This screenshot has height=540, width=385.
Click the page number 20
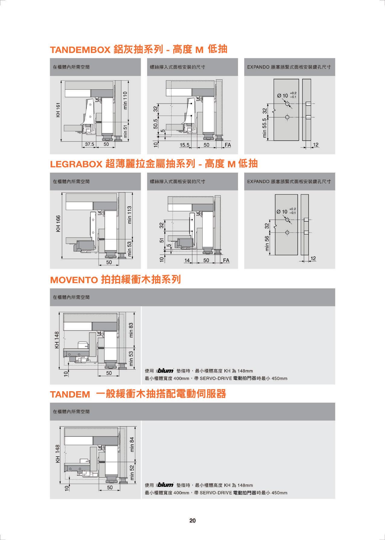click(x=192, y=520)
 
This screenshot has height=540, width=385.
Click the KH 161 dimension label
click(x=59, y=110)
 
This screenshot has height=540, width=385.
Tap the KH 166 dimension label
click(x=58, y=224)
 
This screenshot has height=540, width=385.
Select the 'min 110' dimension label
click(x=126, y=101)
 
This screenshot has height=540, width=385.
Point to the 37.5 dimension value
click(x=89, y=144)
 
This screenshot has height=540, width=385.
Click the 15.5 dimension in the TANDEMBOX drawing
click(x=184, y=145)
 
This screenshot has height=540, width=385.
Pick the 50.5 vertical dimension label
click(x=155, y=124)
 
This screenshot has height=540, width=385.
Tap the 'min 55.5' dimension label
click(x=265, y=128)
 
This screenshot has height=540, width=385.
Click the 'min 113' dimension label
click(x=130, y=215)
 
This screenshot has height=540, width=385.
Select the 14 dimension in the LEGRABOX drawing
click(x=187, y=260)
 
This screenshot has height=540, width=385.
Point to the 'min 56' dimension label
click(x=267, y=244)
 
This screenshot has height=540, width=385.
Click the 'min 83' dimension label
click(x=131, y=330)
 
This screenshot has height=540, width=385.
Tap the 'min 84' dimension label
click(x=132, y=444)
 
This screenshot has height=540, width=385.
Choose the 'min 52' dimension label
click(x=132, y=472)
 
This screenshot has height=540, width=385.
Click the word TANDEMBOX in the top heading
click(x=80, y=50)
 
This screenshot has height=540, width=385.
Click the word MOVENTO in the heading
click(x=74, y=280)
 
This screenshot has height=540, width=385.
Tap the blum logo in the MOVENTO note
click(x=165, y=371)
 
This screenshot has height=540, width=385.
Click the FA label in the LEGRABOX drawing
click(x=226, y=260)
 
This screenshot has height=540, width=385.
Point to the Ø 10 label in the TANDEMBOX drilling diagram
click(x=283, y=96)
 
